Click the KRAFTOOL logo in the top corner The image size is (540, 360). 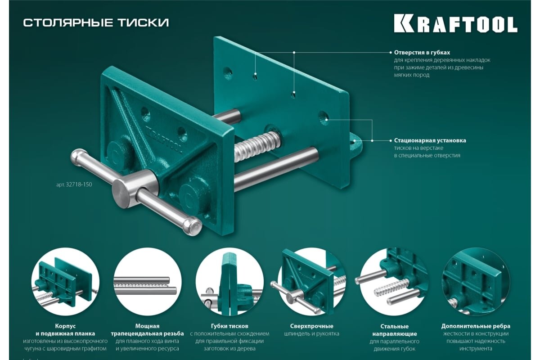tap(455, 24)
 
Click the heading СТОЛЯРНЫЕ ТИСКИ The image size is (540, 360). tap(96, 22)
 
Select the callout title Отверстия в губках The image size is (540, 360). tap(422, 52)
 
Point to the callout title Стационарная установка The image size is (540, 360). tap(430, 140)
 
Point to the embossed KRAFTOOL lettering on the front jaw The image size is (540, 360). tap(164, 139)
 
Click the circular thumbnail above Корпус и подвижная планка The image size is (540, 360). tap(65, 282)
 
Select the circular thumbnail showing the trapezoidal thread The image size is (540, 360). tap(147, 282)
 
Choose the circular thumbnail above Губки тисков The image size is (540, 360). tap(229, 282)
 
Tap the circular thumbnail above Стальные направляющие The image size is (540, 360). tap(394, 282)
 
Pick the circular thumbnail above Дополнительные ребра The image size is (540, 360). tap(476, 282)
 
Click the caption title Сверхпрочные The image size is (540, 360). tap(312, 326)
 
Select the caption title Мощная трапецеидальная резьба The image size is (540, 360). tap(147, 330)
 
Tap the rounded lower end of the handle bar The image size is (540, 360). tap(193, 226)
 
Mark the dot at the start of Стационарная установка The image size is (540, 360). tap(391, 140)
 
